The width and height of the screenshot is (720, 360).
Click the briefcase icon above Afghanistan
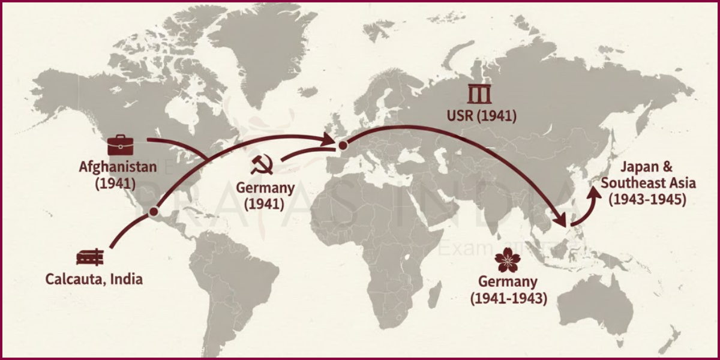pos(121,145)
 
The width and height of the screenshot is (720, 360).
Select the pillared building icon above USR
pos(480,95)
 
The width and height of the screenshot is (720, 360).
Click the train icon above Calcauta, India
pos(90,257)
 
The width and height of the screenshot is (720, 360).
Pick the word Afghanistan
pos(118,166)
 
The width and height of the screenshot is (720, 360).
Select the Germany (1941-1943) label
pos(508,289)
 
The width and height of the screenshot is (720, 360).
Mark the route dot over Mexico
pos(154,212)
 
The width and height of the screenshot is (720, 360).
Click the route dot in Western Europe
pos(343,145)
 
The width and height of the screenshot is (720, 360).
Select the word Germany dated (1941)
pos(265,188)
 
